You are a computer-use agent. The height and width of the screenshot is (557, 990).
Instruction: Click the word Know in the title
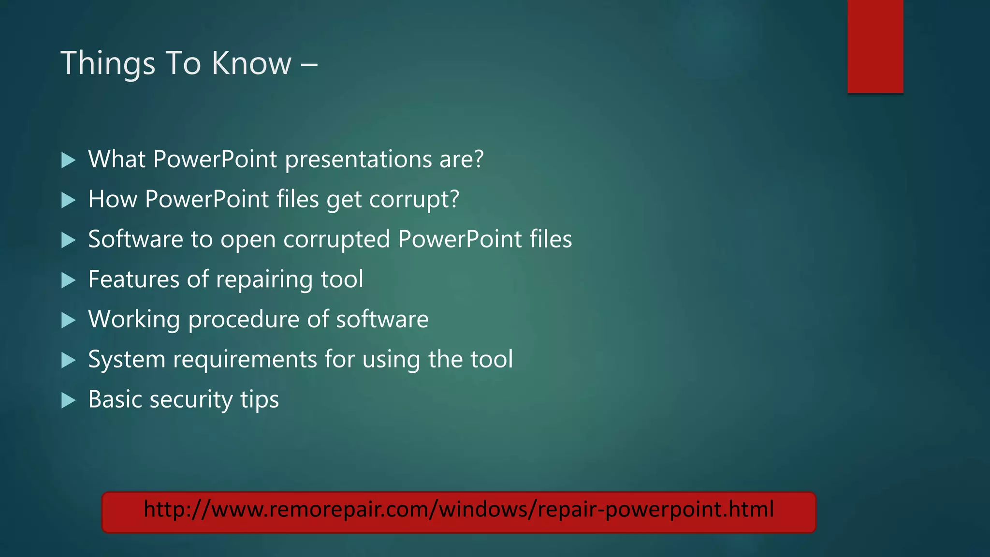pyautogui.click(x=251, y=64)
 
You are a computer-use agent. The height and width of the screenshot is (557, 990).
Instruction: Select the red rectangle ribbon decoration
pyautogui.click(x=875, y=46)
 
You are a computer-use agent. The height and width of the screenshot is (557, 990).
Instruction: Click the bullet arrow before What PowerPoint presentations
pyautogui.click(x=69, y=160)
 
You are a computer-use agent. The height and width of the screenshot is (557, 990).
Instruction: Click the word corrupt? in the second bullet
pyautogui.click(x=414, y=200)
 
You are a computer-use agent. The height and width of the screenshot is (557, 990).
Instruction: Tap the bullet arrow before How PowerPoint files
pyautogui.click(x=69, y=200)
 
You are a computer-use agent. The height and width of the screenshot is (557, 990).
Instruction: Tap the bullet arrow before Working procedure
pyautogui.click(x=69, y=320)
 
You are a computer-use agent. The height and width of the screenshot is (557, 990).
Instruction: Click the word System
pyautogui.click(x=127, y=360)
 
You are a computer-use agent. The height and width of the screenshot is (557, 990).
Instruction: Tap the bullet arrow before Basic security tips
pyautogui.click(x=69, y=400)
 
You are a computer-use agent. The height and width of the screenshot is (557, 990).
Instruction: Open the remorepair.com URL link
pyautogui.click(x=458, y=511)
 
